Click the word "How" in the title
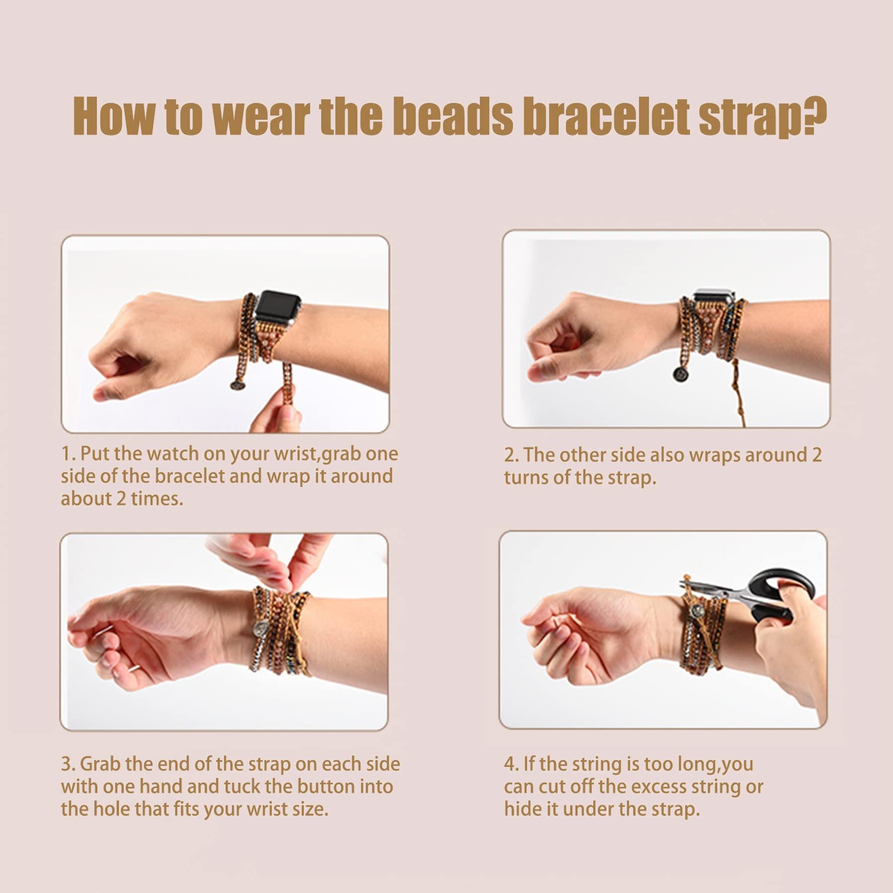[x=113, y=118]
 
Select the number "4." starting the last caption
[x=511, y=764]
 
